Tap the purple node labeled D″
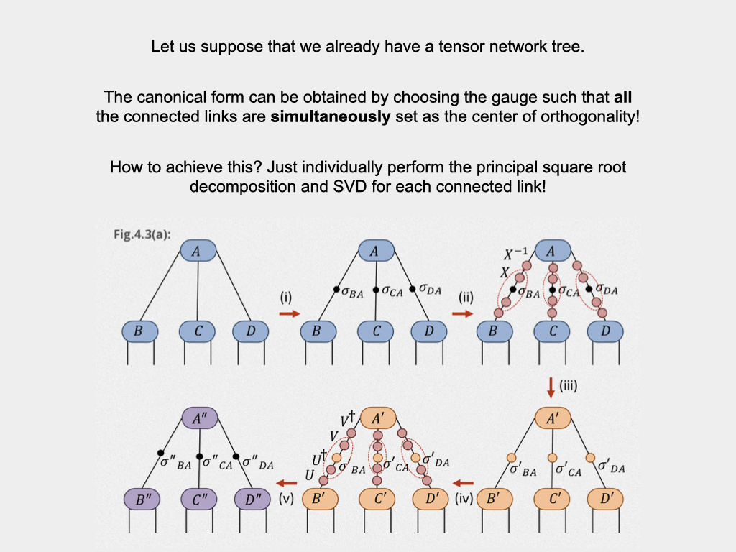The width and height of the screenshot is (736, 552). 251,497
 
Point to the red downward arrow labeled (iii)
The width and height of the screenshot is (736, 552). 551,388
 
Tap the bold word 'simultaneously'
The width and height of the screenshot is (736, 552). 330,116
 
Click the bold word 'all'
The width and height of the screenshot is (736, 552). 623,97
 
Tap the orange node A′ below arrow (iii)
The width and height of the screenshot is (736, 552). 551,418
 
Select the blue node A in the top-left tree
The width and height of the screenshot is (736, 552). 198,252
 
